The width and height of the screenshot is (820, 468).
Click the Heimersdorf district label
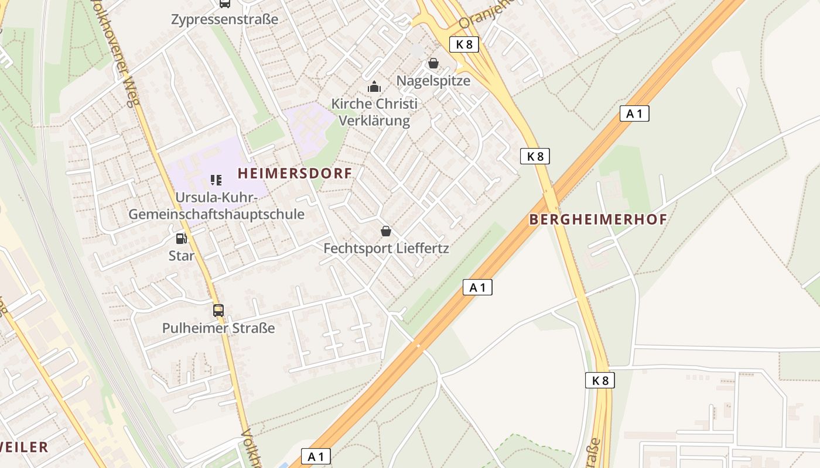click(295, 173)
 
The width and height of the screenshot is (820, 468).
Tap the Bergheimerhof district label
click(598, 219)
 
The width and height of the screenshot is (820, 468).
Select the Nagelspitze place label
click(433, 81)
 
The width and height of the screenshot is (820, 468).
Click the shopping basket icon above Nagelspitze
click(433, 63)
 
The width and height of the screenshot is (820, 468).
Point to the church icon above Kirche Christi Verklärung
click(374, 87)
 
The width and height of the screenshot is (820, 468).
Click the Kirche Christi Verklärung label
click(375, 112)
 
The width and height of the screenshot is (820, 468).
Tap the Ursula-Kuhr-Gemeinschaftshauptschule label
click(217, 206)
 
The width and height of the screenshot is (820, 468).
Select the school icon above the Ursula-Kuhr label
click(217, 180)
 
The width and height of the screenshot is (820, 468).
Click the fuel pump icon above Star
click(182, 238)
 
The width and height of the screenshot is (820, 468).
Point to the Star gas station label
click(182, 256)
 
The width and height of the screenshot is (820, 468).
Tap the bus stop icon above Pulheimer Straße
click(218, 311)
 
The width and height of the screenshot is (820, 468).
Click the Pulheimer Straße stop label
click(218, 328)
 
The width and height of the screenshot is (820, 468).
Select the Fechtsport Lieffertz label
click(387, 249)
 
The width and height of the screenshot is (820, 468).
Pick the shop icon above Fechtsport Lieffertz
click(386, 232)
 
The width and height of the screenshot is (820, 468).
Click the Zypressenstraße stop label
click(225, 19)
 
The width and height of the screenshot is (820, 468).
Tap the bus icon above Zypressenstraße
click(225, 4)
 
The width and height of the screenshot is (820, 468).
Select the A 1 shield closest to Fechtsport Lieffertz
click(477, 287)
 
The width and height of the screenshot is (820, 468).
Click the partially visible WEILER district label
click(23, 448)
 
